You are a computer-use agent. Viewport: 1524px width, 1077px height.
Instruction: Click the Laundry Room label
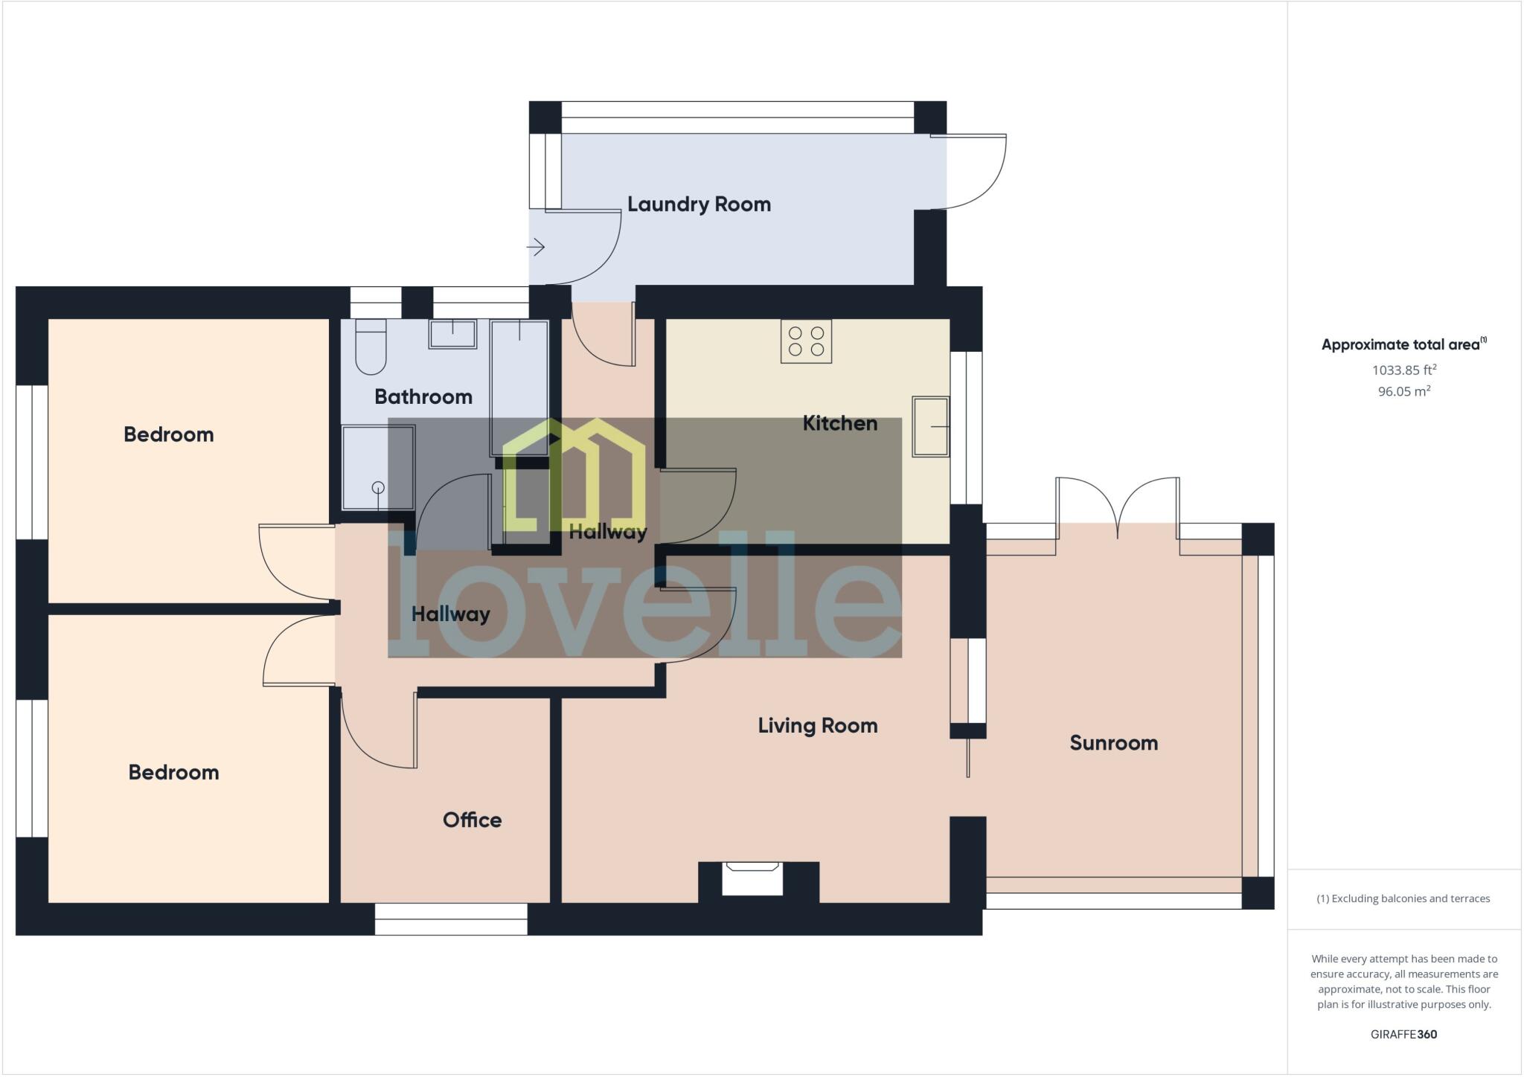pyautogui.click(x=699, y=204)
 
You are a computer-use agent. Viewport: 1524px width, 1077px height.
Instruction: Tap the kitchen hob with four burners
pyautogui.click(x=806, y=341)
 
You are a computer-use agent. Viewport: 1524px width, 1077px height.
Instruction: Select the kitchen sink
pyautogui.click(x=930, y=426)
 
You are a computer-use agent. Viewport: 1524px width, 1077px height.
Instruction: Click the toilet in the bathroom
pyautogui.click(x=371, y=348)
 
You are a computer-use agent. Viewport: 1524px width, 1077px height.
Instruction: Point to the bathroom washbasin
pyautogui.click(x=452, y=334)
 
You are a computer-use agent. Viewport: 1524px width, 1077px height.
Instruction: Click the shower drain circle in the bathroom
pyautogui.click(x=378, y=488)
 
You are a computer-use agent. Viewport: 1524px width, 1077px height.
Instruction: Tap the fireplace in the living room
pyautogui.click(x=752, y=877)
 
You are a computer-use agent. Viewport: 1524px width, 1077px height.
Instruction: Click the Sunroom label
pyautogui.click(x=1113, y=742)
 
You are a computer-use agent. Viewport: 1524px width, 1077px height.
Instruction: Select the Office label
pyautogui.click(x=472, y=820)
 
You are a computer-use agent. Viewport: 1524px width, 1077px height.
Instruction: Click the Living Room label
pyautogui.click(x=818, y=725)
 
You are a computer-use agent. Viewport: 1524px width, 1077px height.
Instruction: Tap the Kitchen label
pyautogui.click(x=839, y=423)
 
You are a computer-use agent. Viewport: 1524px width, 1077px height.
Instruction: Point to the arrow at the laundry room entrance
pyautogui.click(x=537, y=246)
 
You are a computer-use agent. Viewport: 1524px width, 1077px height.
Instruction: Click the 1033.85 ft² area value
pyautogui.click(x=1403, y=370)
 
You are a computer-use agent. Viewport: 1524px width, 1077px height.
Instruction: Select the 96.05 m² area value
pyautogui.click(x=1403, y=391)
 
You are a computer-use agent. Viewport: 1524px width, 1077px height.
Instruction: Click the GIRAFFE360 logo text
pyautogui.click(x=1403, y=1034)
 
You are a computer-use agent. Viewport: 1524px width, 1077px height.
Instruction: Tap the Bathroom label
pyautogui.click(x=423, y=396)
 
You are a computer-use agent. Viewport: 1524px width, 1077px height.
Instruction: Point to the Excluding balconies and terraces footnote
pyautogui.click(x=1403, y=898)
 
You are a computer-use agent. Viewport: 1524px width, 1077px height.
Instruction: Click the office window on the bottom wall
pyautogui.click(x=451, y=919)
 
